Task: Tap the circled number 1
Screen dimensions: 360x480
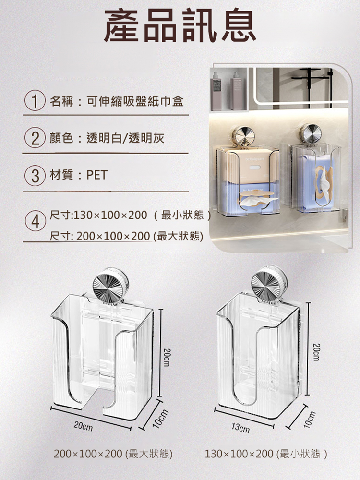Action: coord(35,101)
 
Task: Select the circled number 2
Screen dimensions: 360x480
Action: coord(35,138)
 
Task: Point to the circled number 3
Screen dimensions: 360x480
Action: coord(35,175)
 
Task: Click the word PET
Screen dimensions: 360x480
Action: coord(97,175)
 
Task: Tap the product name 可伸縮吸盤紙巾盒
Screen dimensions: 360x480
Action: coord(135,101)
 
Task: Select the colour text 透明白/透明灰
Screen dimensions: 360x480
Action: coord(125,138)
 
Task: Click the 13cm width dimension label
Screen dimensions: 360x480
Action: coord(240,428)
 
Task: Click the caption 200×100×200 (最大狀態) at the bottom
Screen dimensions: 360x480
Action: coord(113,454)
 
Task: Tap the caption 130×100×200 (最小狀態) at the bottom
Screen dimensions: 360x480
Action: coord(266,454)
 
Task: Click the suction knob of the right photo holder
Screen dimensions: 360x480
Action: coord(310,134)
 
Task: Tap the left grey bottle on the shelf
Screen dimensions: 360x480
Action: coord(216,91)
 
